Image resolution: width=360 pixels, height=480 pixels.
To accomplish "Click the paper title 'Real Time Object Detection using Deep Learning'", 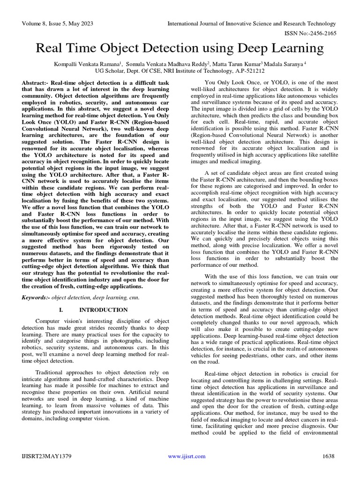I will (x=180, y=48).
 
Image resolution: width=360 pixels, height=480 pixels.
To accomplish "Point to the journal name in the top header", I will (x=252, y=23).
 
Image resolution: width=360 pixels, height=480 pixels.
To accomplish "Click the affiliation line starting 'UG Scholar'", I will (x=180, y=71).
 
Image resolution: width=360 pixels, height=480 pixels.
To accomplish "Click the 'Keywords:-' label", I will (x=36, y=298).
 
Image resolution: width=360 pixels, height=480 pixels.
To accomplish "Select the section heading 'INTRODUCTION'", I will (x=103, y=310).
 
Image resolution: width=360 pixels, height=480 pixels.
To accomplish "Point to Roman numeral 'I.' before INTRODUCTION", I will (x=62, y=310).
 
